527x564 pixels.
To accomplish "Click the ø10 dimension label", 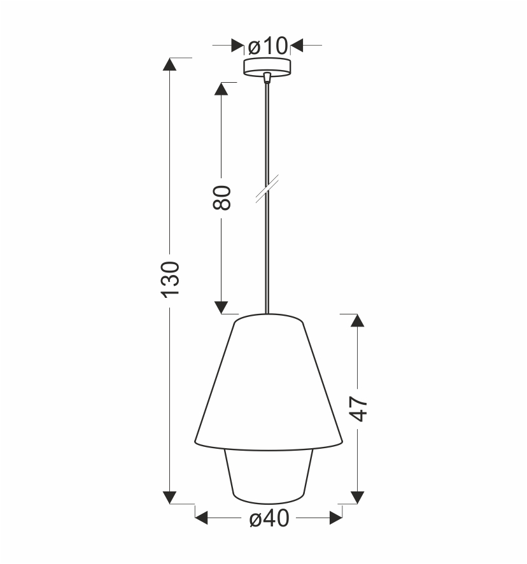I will tap(267, 46).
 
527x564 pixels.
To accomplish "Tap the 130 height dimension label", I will tap(171, 278).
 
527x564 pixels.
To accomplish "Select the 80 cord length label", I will tap(221, 198).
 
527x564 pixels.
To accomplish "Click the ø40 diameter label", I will tap(269, 519).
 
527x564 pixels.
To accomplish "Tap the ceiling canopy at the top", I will tap(267, 66).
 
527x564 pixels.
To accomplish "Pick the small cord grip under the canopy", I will tap(267, 78).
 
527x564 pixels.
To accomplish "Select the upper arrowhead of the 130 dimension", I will tap(170, 64).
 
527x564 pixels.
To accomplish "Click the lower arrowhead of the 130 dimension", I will tap(170, 497).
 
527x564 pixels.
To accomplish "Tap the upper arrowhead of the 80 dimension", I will tap(221, 88).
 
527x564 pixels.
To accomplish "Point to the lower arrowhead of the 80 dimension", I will tap(221, 307).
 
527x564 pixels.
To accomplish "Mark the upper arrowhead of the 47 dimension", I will tap(358, 320).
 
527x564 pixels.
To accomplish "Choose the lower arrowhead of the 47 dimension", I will tap(358, 497).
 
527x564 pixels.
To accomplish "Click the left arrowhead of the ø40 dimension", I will tap(201, 518).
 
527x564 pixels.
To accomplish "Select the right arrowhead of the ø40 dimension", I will tap(336, 518).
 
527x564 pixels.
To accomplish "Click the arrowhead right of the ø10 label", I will tap(297, 46).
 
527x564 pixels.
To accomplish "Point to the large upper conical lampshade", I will tap(269, 382).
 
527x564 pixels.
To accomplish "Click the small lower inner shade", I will tap(267, 474).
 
